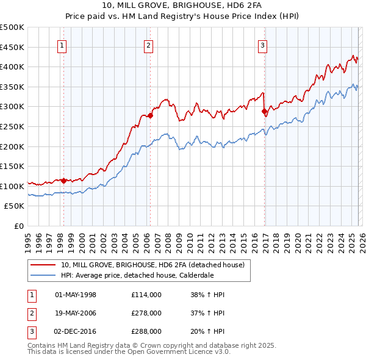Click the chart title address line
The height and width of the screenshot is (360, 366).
183,5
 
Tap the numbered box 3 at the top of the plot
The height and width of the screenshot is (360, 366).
262,45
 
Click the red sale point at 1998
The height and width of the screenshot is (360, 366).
63,180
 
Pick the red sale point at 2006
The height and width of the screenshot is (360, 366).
150,115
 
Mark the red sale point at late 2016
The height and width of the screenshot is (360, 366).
264,112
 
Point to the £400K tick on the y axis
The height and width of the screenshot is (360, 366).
12,67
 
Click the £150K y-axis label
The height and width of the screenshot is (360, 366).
12,167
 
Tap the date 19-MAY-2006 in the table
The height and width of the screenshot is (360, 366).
76,313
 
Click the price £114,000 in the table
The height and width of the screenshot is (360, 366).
146,295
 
